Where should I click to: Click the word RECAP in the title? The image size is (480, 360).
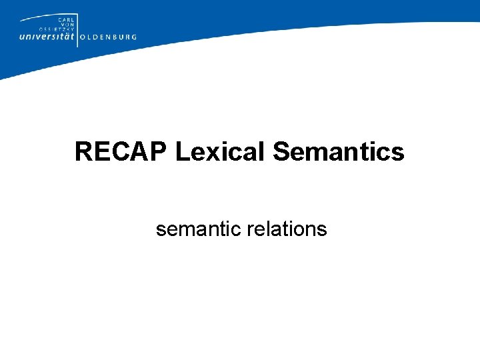[121, 152]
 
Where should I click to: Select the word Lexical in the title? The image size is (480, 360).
[221, 152]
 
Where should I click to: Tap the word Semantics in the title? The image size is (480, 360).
[339, 152]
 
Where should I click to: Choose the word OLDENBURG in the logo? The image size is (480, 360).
[108, 37]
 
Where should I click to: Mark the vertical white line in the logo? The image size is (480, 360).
[77, 30]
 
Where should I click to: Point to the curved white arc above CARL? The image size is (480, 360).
[40, 19]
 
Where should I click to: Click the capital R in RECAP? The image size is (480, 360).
[83, 152]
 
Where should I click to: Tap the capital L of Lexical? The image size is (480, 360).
[181, 152]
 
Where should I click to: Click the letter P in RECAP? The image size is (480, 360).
[159, 152]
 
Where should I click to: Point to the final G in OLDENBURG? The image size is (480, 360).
[134, 37]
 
